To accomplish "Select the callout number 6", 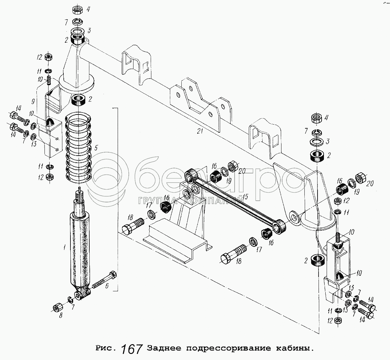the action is coord(107,287).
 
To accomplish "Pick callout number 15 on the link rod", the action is coord(245,196).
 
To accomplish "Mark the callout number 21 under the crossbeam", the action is coord(200,131).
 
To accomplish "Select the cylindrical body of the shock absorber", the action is coord(80,249).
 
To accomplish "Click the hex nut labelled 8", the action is coord(56,307).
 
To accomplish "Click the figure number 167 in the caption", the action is coord(131,349).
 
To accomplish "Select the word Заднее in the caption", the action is coord(163,348).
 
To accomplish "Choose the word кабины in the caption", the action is coord(294,348).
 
